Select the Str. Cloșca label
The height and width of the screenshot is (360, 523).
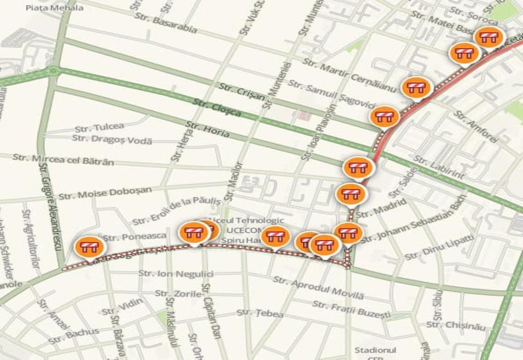click(217, 107)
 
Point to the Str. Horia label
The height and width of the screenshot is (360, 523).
click(208, 129)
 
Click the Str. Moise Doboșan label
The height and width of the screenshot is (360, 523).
click(105, 193)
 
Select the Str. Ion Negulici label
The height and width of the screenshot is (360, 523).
click(176, 273)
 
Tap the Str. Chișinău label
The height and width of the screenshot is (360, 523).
click(456, 325)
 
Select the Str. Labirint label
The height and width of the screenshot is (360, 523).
click(439, 167)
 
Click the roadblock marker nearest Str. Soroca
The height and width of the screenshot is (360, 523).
click(488, 37)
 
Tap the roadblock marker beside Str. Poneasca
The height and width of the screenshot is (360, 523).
click(89, 248)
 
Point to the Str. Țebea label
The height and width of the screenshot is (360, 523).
click(260, 313)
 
